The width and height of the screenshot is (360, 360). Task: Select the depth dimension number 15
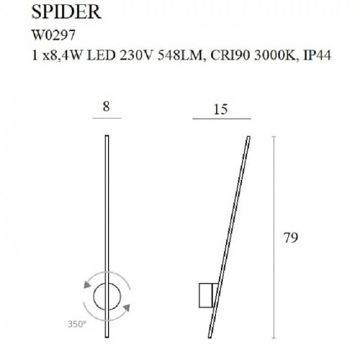222,107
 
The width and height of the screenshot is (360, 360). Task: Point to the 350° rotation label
76,326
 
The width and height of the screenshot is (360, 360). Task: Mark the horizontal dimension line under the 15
222,118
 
